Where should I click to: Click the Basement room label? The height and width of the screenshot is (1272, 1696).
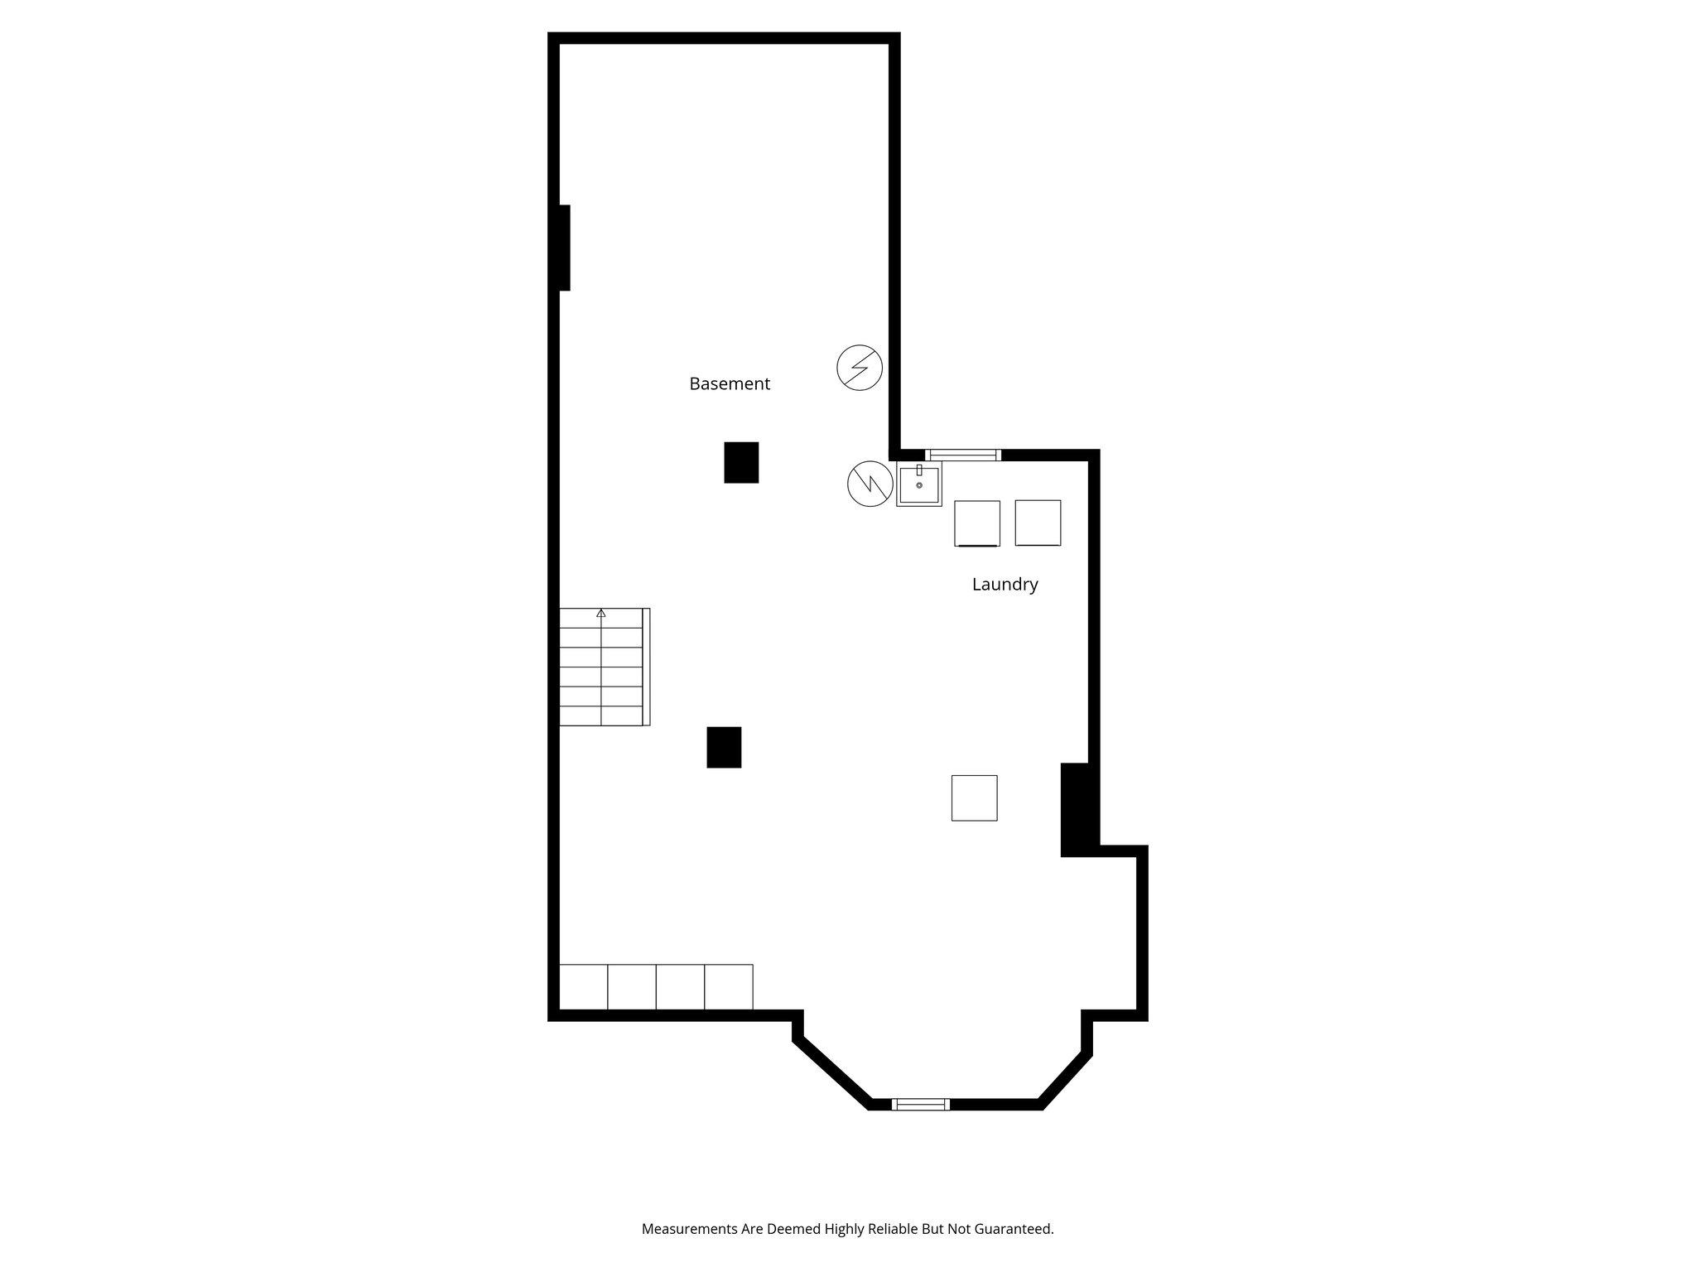[x=730, y=384]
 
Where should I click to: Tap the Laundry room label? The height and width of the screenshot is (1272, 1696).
[x=1005, y=585]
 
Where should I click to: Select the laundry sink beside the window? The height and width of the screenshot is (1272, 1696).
[x=919, y=484]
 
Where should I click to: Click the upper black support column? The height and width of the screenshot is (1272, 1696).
[x=741, y=462]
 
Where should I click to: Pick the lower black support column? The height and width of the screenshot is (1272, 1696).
[x=724, y=747]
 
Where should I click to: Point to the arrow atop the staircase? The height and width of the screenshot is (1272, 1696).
[x=601, y=614]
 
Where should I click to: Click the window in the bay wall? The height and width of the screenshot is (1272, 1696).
[x=920, y=1104]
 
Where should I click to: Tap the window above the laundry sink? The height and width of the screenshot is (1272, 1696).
[x=963, y=455]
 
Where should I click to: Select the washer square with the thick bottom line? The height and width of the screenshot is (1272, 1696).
[x=977, y=523]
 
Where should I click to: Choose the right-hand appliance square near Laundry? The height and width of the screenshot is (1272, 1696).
[x=1038, y=523]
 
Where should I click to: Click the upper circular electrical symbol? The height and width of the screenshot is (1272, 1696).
[x=860, y=368]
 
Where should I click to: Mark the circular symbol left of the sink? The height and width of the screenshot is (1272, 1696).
[x=870, y=484]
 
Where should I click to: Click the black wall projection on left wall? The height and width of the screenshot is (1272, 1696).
[x=565, y=248]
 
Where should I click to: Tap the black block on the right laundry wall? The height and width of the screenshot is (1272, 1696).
[x=1077, y=809]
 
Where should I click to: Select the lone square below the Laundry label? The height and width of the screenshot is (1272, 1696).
[x=974, y=798]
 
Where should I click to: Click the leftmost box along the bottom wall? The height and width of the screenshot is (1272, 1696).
[x=584, y=987]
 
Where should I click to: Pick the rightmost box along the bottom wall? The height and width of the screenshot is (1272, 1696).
[x=729, y=987]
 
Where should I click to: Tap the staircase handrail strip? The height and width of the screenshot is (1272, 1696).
[x=646, y=667]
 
